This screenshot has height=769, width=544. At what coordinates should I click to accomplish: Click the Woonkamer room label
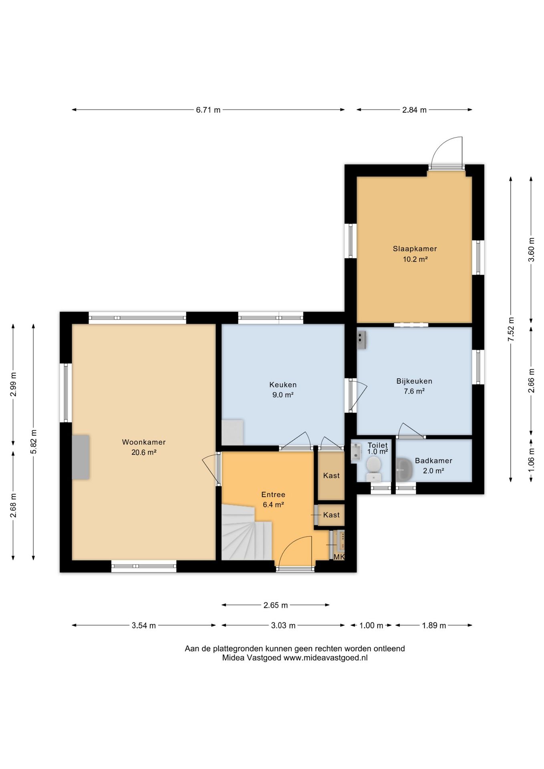pos(144,442)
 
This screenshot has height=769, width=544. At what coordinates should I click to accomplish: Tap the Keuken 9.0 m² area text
pos(283,395)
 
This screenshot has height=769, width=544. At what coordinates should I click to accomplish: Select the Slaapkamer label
pos(415,249)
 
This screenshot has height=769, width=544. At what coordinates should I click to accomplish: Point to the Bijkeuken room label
pos(414,381)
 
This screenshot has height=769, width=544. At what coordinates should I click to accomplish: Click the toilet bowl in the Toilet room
pos(374,469)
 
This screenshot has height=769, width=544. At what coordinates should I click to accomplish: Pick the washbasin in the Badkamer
pos(404,469)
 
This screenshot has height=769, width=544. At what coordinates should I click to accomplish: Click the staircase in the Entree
pos(246,532)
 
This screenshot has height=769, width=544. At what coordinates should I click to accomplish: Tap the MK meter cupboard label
pos(339,557)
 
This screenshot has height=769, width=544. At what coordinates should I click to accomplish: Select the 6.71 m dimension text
pos(208,110)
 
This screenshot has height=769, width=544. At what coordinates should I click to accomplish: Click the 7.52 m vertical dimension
pos(511,329)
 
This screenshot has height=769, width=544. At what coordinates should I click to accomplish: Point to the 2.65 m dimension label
pos(276,605)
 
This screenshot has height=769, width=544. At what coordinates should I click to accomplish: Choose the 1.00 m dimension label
pos(371,626)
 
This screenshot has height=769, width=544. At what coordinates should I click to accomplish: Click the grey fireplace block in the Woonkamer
pos(81,457)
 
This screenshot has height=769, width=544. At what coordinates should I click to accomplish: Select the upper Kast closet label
pos(331,475)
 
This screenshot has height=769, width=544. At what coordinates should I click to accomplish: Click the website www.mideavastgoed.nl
pos(325,658)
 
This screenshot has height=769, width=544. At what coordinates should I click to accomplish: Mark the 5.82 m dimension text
pos(34,442)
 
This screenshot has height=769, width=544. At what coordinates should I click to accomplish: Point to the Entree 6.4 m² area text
pos(273,505)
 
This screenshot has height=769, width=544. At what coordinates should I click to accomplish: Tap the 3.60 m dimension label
pos(531,250)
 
